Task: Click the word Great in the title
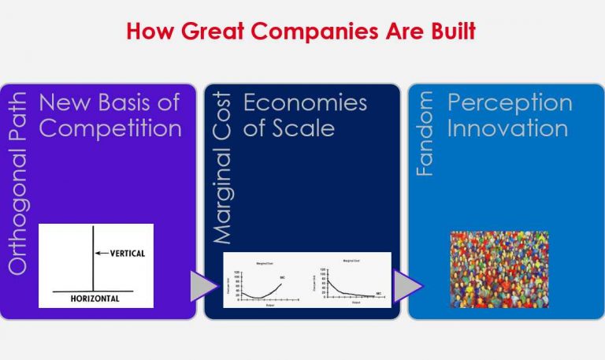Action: (x=206, y=32)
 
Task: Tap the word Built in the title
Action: (x=449, y=32)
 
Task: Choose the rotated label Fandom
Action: (x=425, y=134)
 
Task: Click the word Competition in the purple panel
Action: (x=110, y=128)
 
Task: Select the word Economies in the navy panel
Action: (x=305, y=102)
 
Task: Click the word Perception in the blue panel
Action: (x=510, y=102)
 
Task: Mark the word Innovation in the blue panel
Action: (x=507, y=128)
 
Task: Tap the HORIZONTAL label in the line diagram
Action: (x=94, y=299)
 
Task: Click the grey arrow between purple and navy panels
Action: (x=204, y=285)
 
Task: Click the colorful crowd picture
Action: (x=499, y=269)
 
